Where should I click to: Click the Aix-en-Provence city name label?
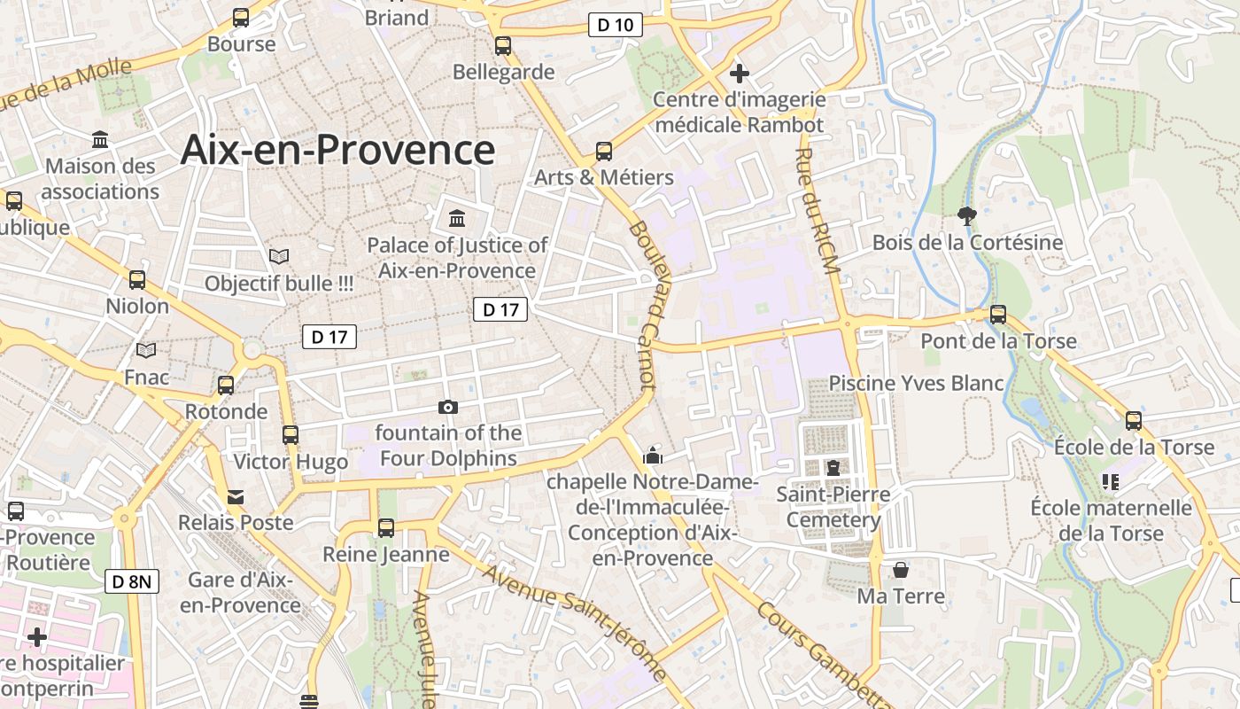[337, 150]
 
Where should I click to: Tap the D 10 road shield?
[616, 25]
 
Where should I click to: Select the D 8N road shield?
[132, 581]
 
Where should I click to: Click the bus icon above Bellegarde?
[503, 46]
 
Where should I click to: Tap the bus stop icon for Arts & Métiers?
[604, 152]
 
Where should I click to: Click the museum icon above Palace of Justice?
[457, 217]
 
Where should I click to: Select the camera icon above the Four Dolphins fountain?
[448, 407]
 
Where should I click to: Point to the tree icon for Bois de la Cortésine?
[967, 215]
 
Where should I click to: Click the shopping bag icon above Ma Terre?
[901, 569]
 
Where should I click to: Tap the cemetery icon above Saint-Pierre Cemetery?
[833, 467]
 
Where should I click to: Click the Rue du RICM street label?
[818, 211]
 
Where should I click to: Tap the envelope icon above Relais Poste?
[236, 496]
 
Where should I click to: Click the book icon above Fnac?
[146, 351]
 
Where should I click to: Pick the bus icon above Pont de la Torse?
[998, 315]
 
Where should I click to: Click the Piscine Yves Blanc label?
[916, 383]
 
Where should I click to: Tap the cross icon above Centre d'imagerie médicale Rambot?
[740, 74]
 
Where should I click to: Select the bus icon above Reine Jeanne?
[386, 528]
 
